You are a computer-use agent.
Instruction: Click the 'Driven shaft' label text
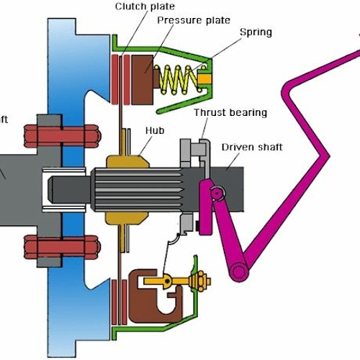[251, 147]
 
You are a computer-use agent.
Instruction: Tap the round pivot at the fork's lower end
[238, 271]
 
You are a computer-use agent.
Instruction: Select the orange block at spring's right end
[204, 74]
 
